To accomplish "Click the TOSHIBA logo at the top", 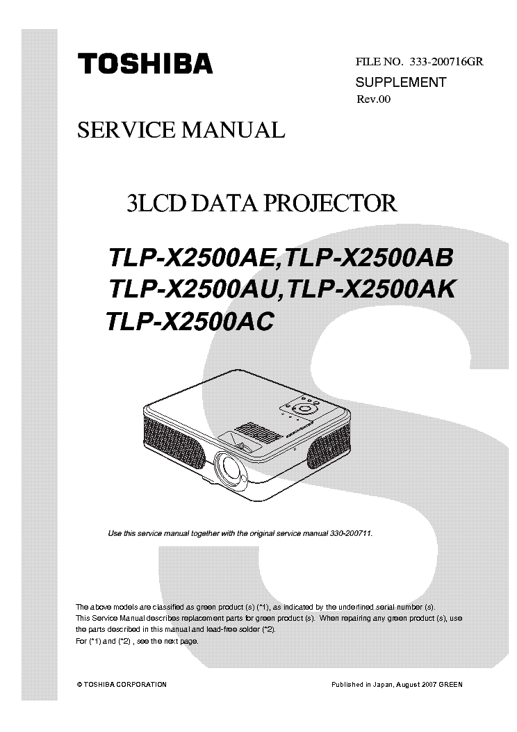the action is click(x=145, y=63).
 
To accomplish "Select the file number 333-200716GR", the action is click(x=447, y=62).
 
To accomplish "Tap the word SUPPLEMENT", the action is click(x=401, y=82).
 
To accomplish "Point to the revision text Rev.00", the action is click(x=373, y=99).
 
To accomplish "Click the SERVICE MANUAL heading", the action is click(x=181, y=130).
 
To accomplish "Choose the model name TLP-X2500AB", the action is click(x=368, y=257).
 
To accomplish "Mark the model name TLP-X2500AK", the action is click(x=370, y=289).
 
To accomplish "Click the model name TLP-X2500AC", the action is click(x=190, y=321).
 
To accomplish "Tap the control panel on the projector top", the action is click(x=300, y=407).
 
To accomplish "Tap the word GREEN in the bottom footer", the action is click(x=451, y=685).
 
